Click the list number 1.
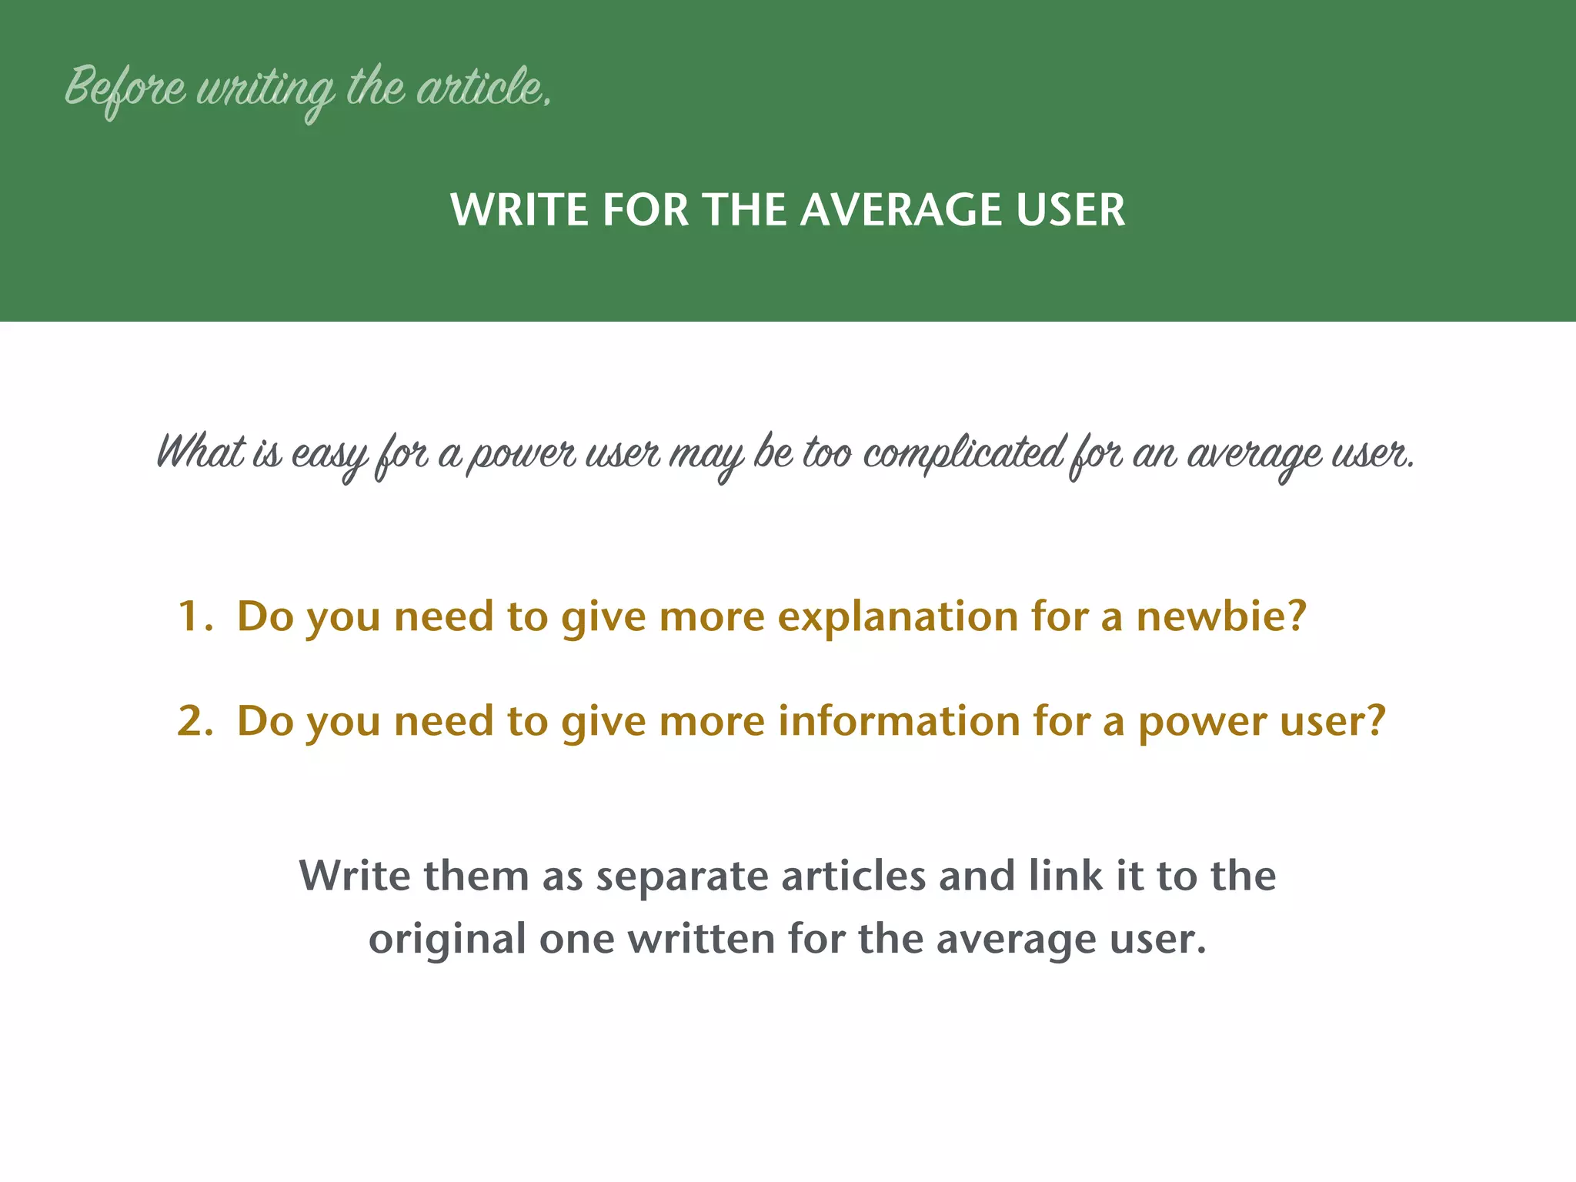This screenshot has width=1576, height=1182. point(192,616)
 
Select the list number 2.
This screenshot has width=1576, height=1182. point(193,721)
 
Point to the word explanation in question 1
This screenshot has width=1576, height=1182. point(897,618)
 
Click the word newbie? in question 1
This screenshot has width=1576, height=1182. point(1221,616)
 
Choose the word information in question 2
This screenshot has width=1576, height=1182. point(898,721)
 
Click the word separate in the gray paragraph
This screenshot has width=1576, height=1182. point(681,877)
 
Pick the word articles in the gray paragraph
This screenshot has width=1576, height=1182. point(853,876)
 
